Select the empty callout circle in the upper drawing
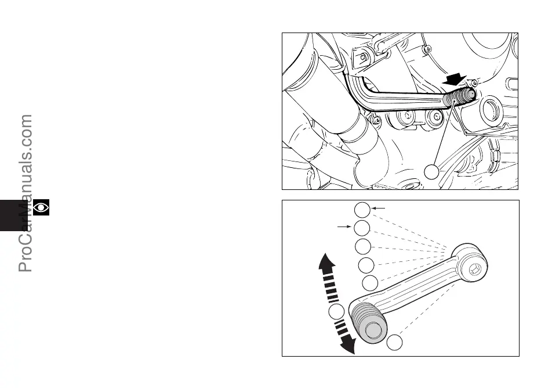[431, 172]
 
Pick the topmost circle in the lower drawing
[362, 210]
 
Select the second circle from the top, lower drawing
[362, 228]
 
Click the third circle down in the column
[364, 246]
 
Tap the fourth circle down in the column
[366, 265]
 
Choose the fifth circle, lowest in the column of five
[370, 283]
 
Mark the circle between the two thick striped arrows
[335, 313]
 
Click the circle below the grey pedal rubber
[395, 343]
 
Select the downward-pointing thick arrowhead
[347, 345]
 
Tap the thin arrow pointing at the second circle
[346, 225]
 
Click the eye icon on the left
[41, 207]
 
